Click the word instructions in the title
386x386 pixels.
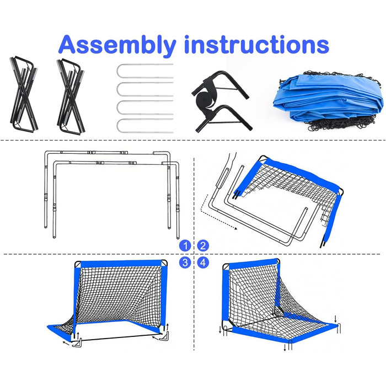pyautogui.click(x=257, y=44)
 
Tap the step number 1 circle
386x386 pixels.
pyautogui.click(x=185, y=246)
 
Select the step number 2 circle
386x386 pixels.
pyautogui.click(x=203, y=246)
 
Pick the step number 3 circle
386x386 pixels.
pyautogui.click(x=185, y=262)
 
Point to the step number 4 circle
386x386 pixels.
pyautogui.click(x=203, y=262)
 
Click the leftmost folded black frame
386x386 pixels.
pyautogui.click(x=23, y=94)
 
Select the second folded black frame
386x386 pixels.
pyautogui.click(x=71, y=96)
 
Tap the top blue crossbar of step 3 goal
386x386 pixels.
pyautogui.click(x=121, y=264)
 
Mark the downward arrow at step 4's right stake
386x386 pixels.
pyautogui.click(x=335, y=319)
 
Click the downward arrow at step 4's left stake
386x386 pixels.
pyautogui.click(x=220, y=330)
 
